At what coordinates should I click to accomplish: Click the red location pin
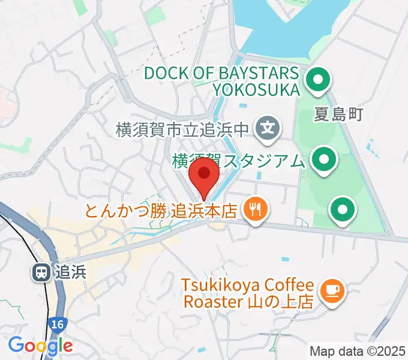click(204, 175)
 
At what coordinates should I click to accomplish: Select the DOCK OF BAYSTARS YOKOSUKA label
click(221, 82)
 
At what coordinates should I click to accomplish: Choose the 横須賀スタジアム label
click(238, 161)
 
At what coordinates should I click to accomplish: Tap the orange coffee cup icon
click(331, 291)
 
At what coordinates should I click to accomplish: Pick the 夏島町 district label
click(339, 114)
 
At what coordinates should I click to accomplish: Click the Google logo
click(40, 345)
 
